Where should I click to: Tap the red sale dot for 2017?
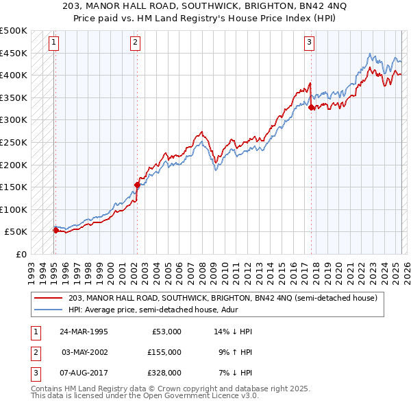coord(311,107)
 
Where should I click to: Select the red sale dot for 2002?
coord(137,185)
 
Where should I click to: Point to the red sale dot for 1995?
coord(55,230)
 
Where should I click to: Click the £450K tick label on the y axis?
coord(14,53)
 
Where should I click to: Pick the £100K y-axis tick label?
coord(14,209)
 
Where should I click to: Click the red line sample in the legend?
coord(49,297)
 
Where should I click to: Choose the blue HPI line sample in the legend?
coord(49,310)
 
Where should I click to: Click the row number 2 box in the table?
coord(34,351)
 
